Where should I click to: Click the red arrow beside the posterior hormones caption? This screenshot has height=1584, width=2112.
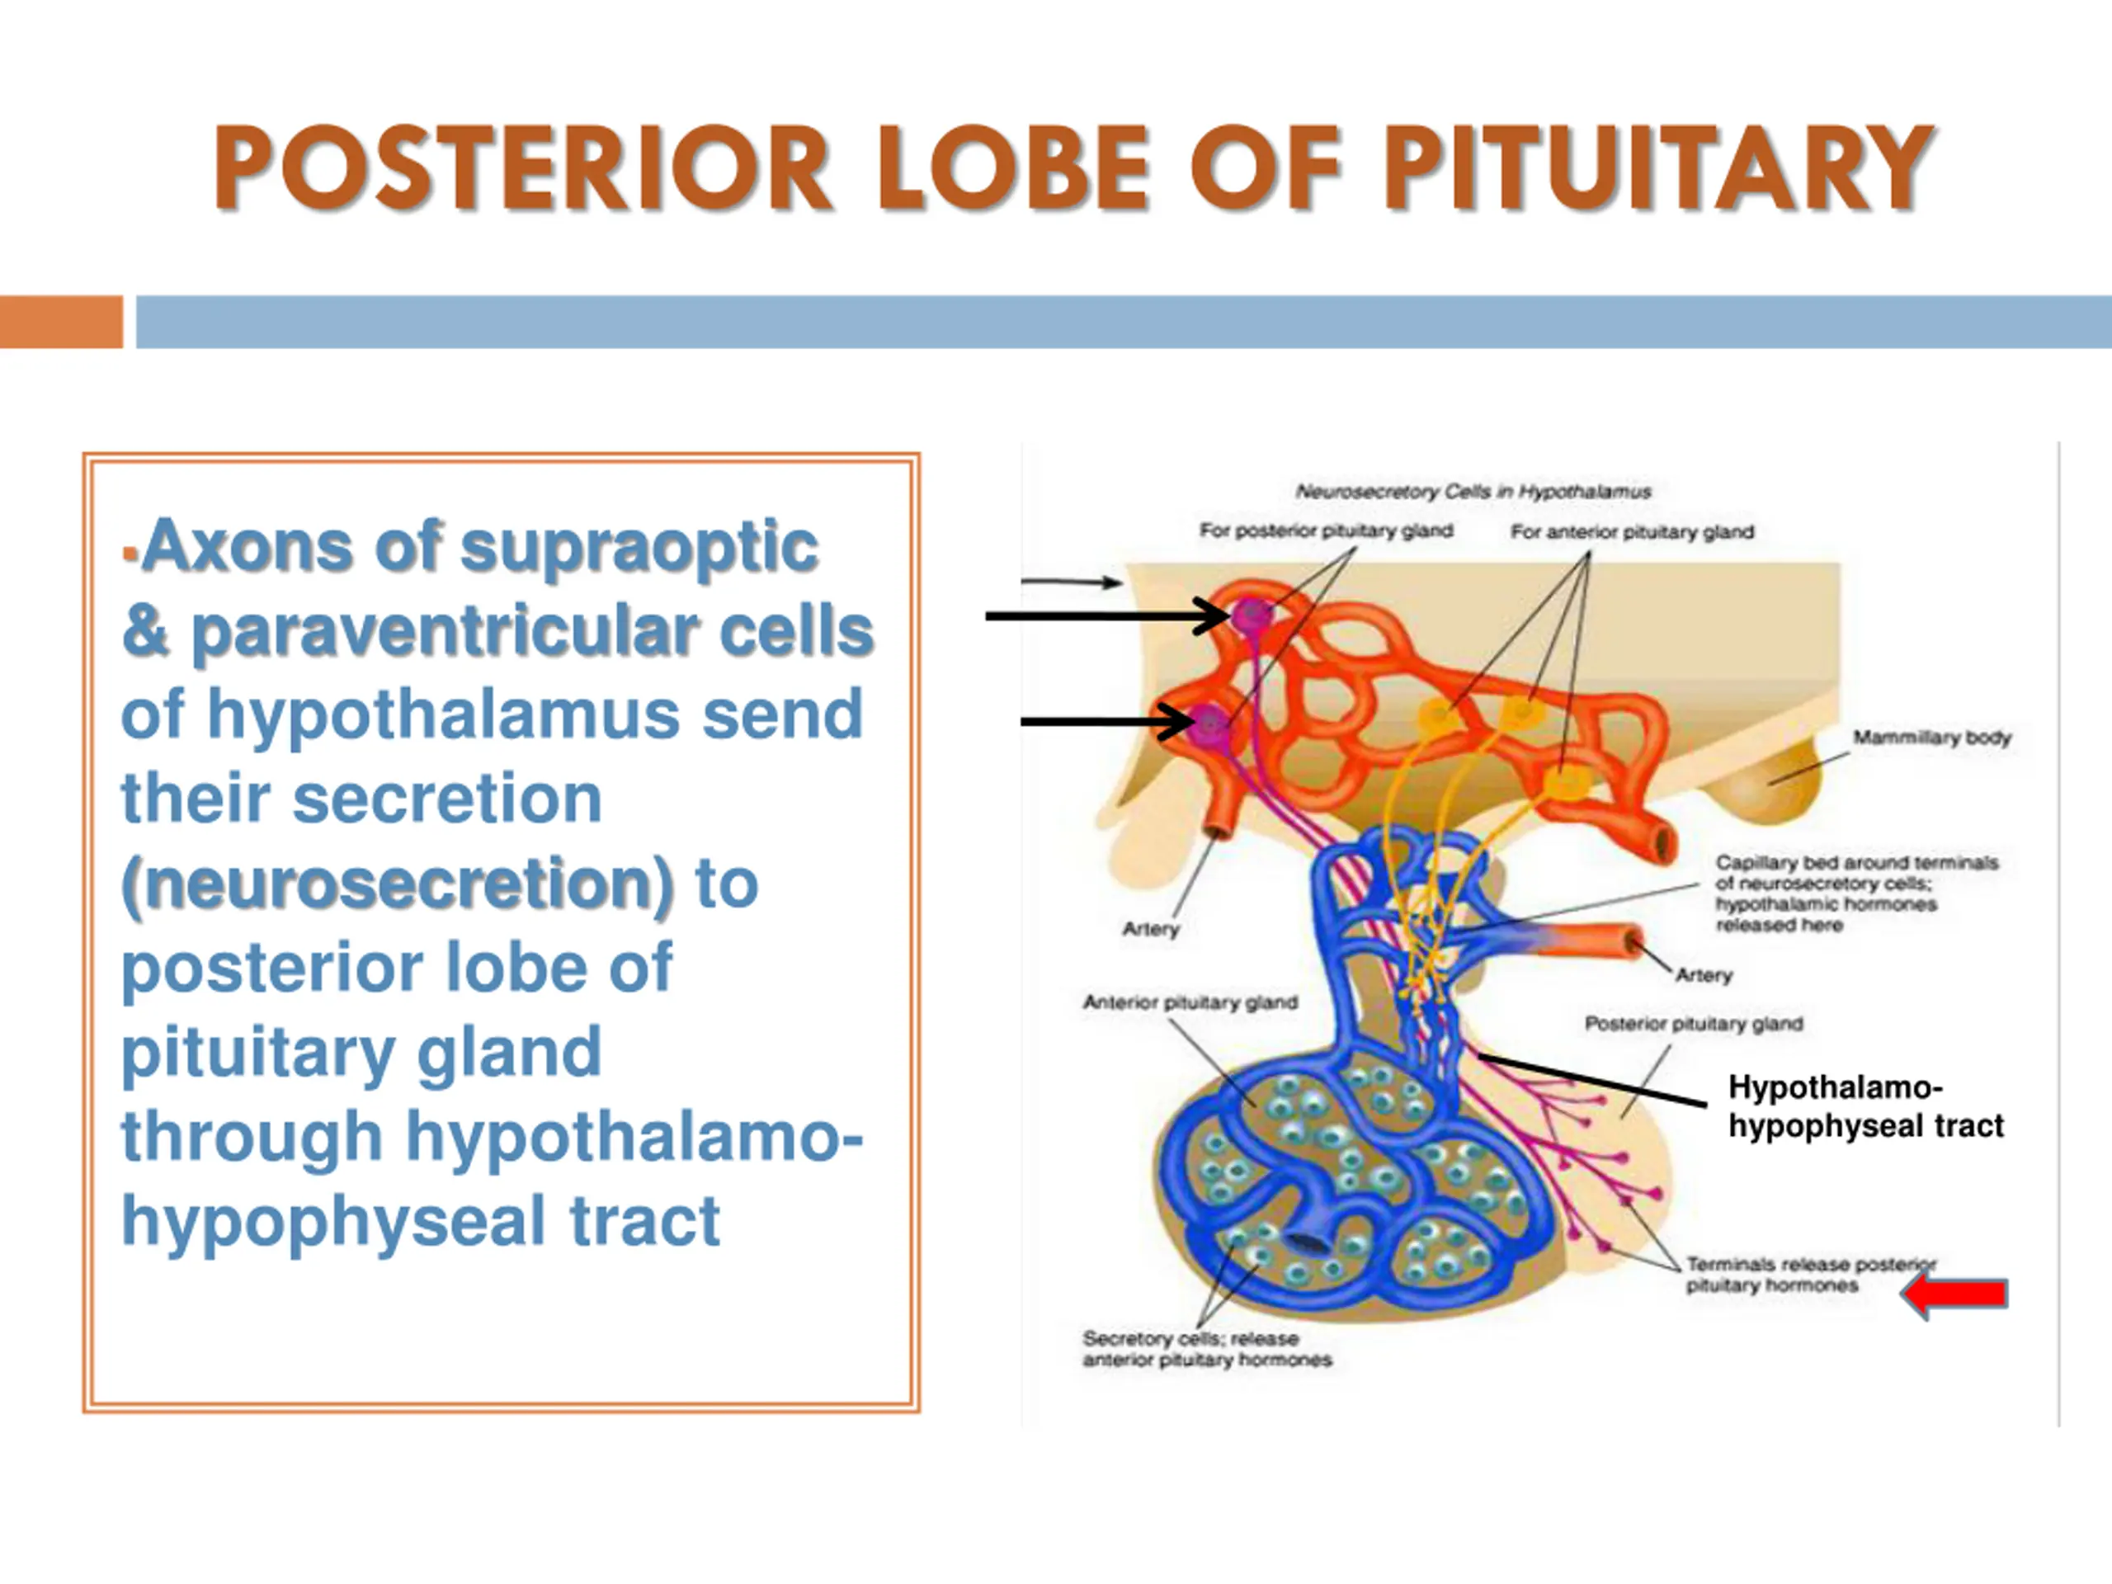(1954, 1294)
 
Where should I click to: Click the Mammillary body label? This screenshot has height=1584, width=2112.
(1931, 737)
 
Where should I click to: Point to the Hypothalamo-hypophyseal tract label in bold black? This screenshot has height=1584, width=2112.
(1864, 1106)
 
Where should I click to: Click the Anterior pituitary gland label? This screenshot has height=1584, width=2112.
(1190, 1002)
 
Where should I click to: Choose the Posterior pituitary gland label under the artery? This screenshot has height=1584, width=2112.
(1693, 1024)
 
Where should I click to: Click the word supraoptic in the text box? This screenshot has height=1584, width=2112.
(639, 548)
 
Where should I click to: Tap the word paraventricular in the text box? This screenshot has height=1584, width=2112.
(445, 632)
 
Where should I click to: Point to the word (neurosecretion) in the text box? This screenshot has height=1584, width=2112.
(397, 884)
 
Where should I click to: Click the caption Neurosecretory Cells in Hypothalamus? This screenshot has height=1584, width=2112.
(1473, 492)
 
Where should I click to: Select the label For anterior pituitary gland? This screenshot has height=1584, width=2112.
(1632, 532)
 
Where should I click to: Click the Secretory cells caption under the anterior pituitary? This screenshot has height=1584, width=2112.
(1207, 1349)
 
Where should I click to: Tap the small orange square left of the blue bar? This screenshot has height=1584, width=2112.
(61, 322)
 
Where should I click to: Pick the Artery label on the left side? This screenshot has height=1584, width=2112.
(1151, 928)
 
